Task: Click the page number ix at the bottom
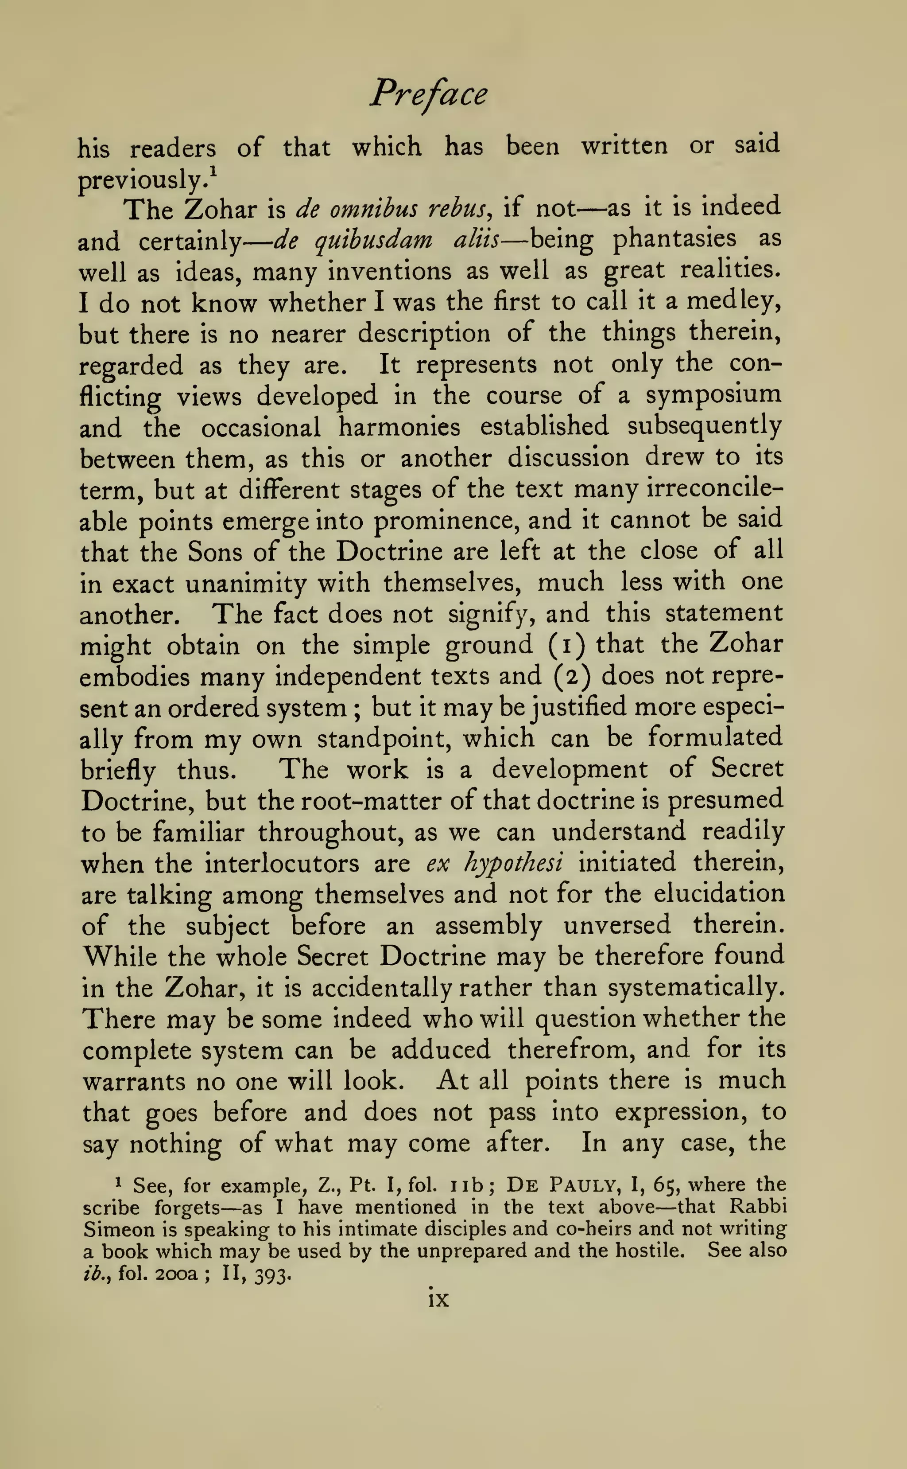click(438, 1299)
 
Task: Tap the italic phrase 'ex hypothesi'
click(494, 864)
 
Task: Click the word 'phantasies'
click(674, 239)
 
